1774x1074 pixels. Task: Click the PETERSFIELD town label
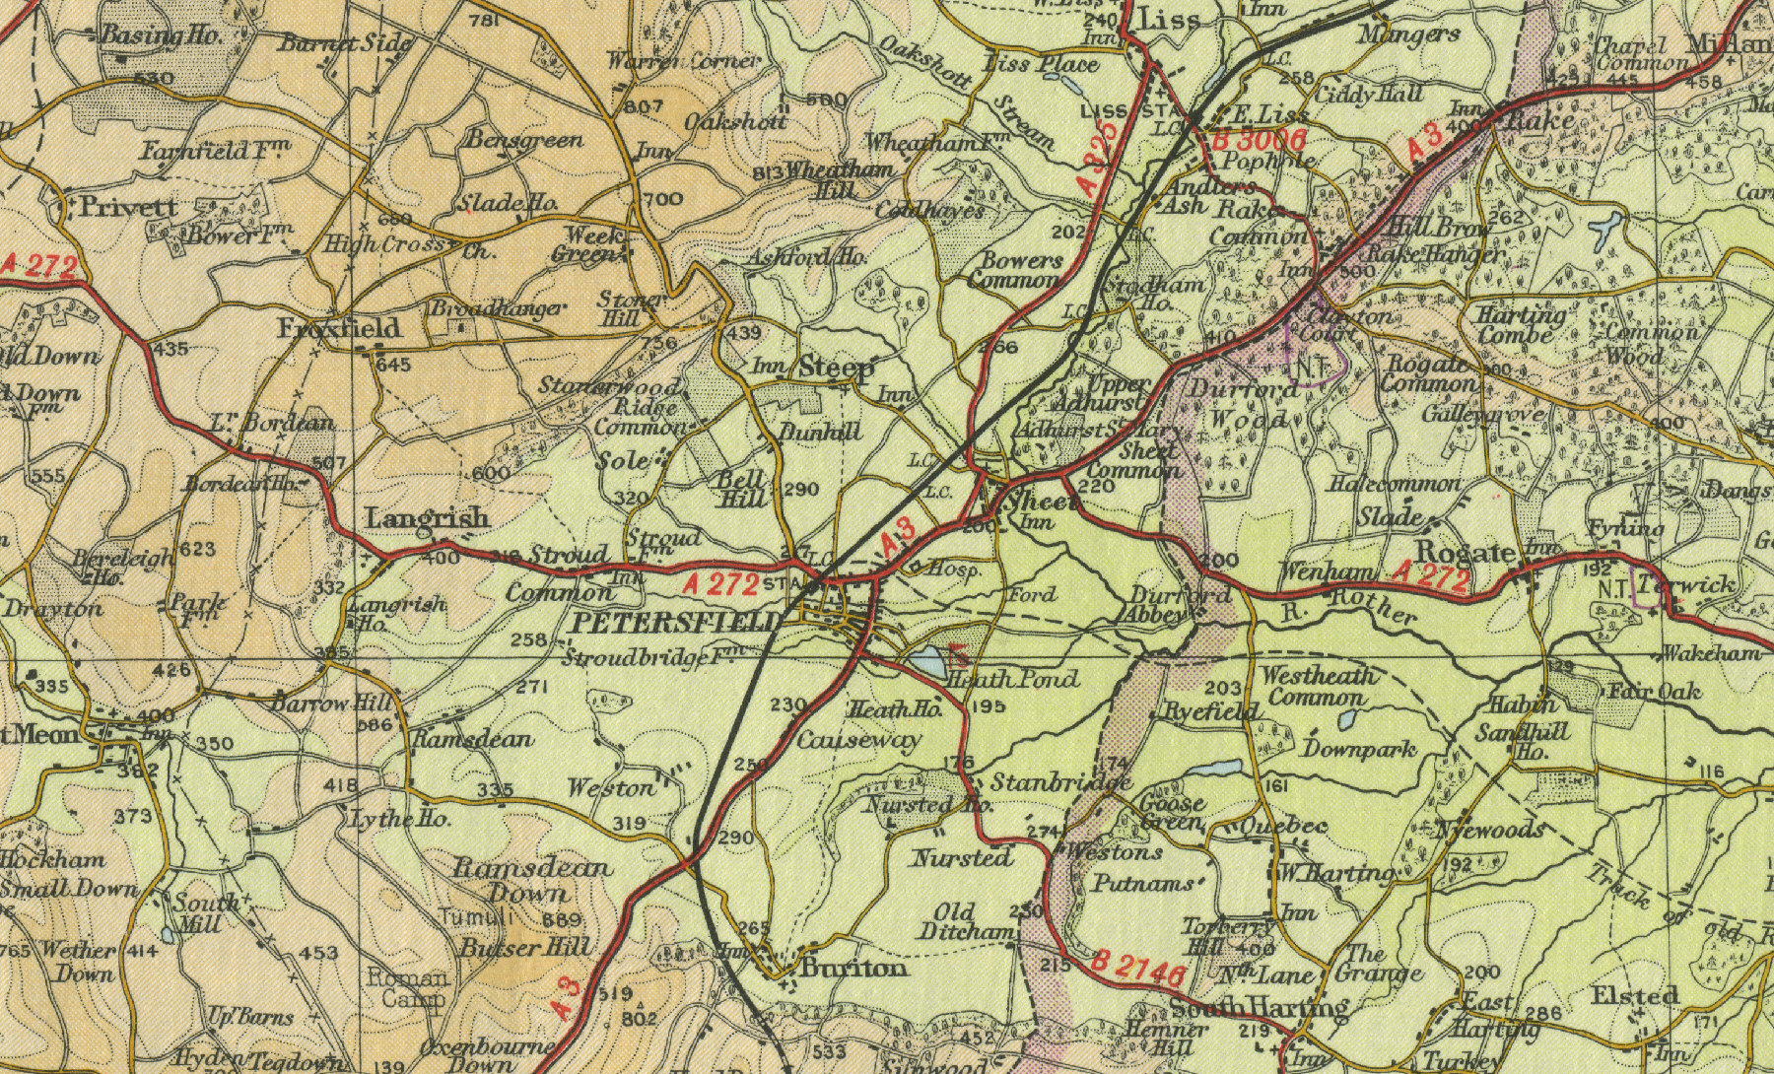point(678,623)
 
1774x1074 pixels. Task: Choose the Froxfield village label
point(339,327)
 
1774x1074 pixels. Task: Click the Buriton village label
point(853,969)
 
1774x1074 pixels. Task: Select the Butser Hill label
point(525,948)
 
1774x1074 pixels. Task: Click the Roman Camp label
point(407,988)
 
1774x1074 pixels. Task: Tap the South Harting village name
point(1258,1007)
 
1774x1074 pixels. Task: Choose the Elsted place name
point(1635,995)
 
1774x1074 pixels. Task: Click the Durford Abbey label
point(1168,605)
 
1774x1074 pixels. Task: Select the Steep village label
point(835,369)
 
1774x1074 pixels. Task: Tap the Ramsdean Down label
point(531,881)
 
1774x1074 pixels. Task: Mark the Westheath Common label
point(1317,686)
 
